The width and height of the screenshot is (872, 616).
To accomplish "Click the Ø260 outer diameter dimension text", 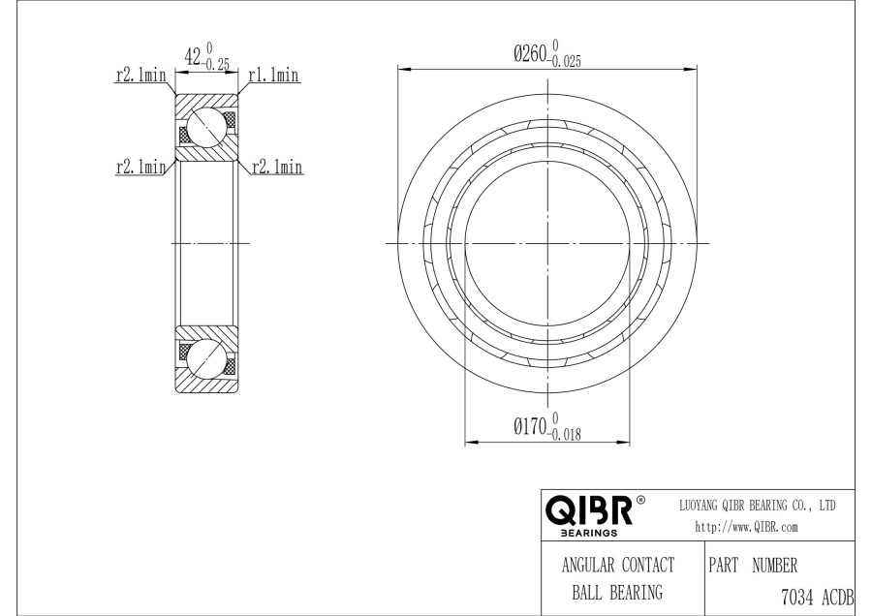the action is point(531,54).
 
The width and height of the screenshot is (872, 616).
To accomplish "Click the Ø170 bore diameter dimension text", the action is point(531,427).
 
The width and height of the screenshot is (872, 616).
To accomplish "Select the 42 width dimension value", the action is point(193,56).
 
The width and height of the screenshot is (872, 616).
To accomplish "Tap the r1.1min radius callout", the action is point(273,75).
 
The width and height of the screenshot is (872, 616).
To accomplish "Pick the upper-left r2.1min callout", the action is point(140,75).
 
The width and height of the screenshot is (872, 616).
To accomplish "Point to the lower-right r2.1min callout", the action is point(277,167).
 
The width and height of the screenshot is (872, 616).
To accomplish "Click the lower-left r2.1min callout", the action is point(140,167).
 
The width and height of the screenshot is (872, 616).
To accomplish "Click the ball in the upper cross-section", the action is point(206,127).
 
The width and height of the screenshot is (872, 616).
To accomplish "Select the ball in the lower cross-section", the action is point(206,358).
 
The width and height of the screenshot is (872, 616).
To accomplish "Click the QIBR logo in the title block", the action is point(589,510).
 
